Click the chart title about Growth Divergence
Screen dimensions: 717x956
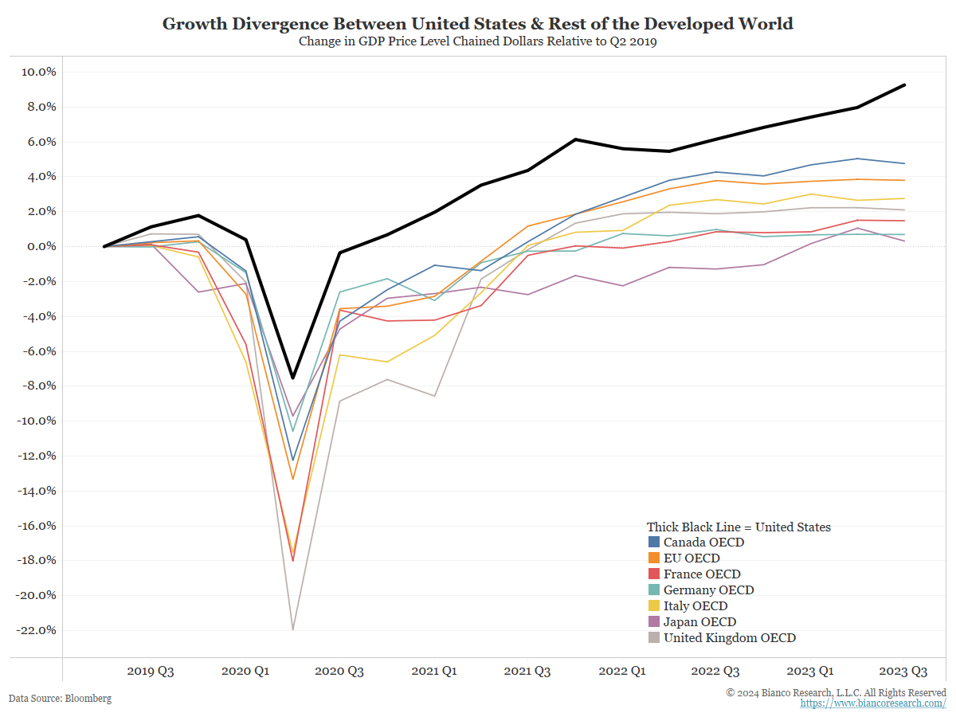pyautogui.click(x=478, y=24)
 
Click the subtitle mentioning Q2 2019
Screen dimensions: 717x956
pyautogui.click(x=478, y=42)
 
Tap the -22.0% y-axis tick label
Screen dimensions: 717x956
pyautogui.click(x=36, y=630)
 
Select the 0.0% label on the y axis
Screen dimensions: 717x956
pyautogui.click(x=40, y=246)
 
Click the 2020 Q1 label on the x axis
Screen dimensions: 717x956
pyautogui.click(x=245, y=672)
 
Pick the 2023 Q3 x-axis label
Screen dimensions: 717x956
pyautogui.click(x=903, y=672)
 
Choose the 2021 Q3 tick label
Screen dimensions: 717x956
pyautogui.click(x=527, y=672)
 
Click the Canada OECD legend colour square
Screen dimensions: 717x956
pyautogui.click(x=654, y=543)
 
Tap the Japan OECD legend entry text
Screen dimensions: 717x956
pyautogui.click(x=699, y=622)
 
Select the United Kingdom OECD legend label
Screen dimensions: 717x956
pyautogui.click(x=730, y=638)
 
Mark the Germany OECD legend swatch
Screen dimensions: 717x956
pyautogui.click(x=654, y=590)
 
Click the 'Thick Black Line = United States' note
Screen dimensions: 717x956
pyautogui.click(x=739, y=527)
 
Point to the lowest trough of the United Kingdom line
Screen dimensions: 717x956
pyautogui.click(x=293, y=629)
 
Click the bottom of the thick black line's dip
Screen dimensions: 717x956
pyautogui.click(x=293, y=378)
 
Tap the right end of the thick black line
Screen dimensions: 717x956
pyautogui.click(x=904, y=84)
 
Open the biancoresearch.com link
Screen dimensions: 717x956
pyautogui.click(x=873, y=703)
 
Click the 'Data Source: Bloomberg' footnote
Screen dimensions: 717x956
pyautogui.click(x=61, y=699)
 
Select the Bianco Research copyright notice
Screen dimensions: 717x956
pyautogui.click(x=836, y=692)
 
